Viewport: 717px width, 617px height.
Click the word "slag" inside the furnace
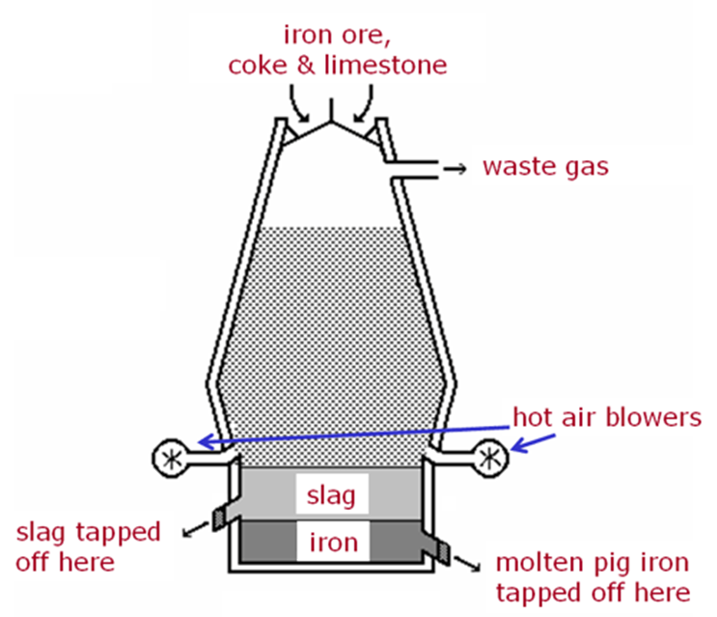331,497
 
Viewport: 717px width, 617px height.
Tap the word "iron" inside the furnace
331,543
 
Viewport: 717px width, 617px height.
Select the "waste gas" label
546,167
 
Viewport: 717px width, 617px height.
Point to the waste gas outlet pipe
414,169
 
